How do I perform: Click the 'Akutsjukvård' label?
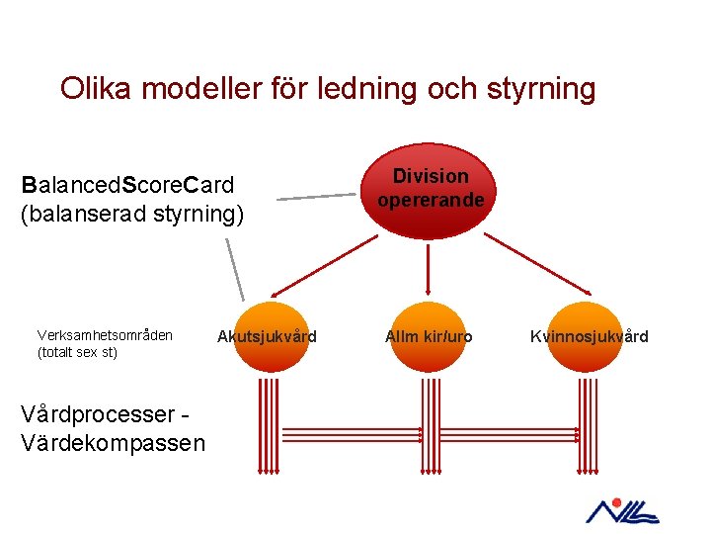coord(267,337)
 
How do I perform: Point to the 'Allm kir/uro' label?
coord(429,337)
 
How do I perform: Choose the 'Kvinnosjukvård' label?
coord(589,337)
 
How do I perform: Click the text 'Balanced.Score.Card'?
coord(127,185)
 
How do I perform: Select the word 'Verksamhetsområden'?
coord(105,335)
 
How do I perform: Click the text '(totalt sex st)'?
coord(77,352)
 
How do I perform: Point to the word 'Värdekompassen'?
coord(113,443)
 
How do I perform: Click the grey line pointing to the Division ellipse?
coord(316,197)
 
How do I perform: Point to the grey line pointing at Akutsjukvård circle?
coord(234,269)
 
